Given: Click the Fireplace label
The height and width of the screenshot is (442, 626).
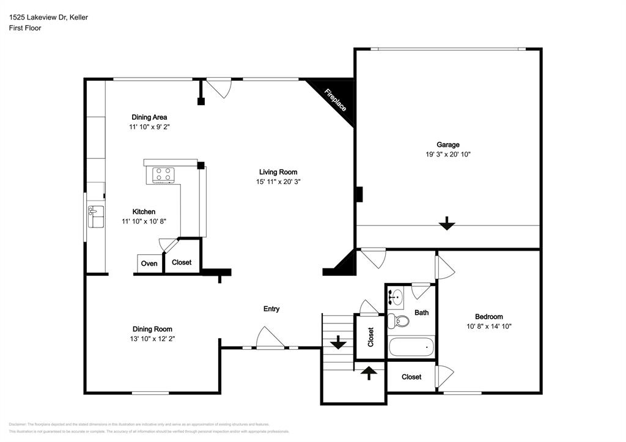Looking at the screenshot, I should (x=336, y=100).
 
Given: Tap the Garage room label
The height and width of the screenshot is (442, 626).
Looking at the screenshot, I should (x=447, y=145).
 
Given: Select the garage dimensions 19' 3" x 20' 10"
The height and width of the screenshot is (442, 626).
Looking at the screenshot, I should (x=447, y=155).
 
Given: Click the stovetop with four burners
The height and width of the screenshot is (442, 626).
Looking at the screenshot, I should (x=163, y=175).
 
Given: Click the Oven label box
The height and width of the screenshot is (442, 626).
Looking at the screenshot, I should (x=149, y=263).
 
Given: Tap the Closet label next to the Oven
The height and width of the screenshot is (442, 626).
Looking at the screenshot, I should (x=182, y=262).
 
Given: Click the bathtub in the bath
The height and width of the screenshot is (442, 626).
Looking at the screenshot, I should (x=411, y=347).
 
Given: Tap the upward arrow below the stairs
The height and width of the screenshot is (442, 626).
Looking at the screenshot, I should (x=369, y=372).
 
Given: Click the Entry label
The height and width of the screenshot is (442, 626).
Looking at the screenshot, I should (x=271, y=309).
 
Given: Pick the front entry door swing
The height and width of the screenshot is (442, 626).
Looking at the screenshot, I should (x=269, y=338).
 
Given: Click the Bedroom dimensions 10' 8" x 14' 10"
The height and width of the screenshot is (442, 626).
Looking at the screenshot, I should (x=488, y=326).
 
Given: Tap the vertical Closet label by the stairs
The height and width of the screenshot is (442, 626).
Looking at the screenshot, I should (x=370, y=337).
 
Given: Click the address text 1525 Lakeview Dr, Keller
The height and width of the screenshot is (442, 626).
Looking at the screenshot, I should (x=48, y=17).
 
